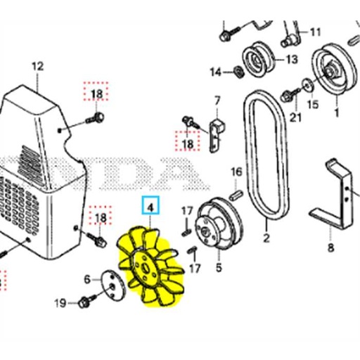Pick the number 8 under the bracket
[330, 247]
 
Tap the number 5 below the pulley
[218, 267]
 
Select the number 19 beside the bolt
[60, 303]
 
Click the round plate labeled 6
[108, 284]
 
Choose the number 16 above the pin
[236, 172]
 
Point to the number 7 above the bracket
[217, 100]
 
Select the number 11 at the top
[314, 32]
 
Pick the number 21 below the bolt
[295, 115]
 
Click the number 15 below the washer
[313, 105]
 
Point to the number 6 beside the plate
[88, 279]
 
